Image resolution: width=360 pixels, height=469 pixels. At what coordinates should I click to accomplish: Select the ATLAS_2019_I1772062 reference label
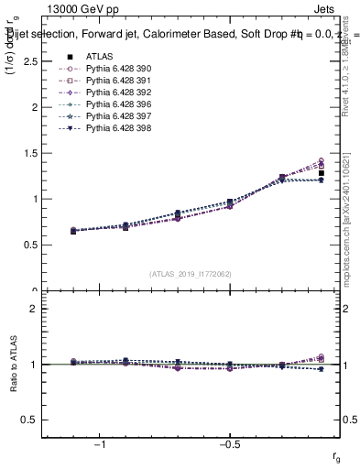191,274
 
